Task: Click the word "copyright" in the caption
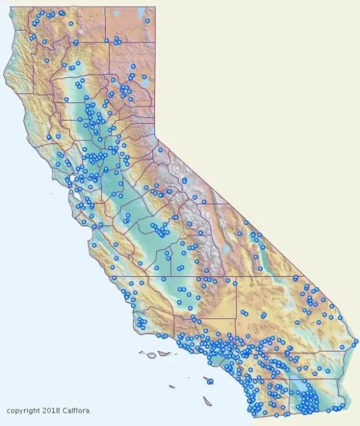pos(21,411)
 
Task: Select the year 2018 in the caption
pos(49,411)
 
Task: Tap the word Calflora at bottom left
pos(75,411)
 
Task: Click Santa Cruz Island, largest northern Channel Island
pos(164,353)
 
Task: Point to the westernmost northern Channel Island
pos(142,353)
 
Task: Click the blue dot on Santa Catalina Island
pos(210,381)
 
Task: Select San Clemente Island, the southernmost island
pos(208,401)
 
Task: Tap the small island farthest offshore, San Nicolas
pos(172,386)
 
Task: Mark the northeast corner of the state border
pos(154,8)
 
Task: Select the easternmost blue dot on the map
pos(356,341)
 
